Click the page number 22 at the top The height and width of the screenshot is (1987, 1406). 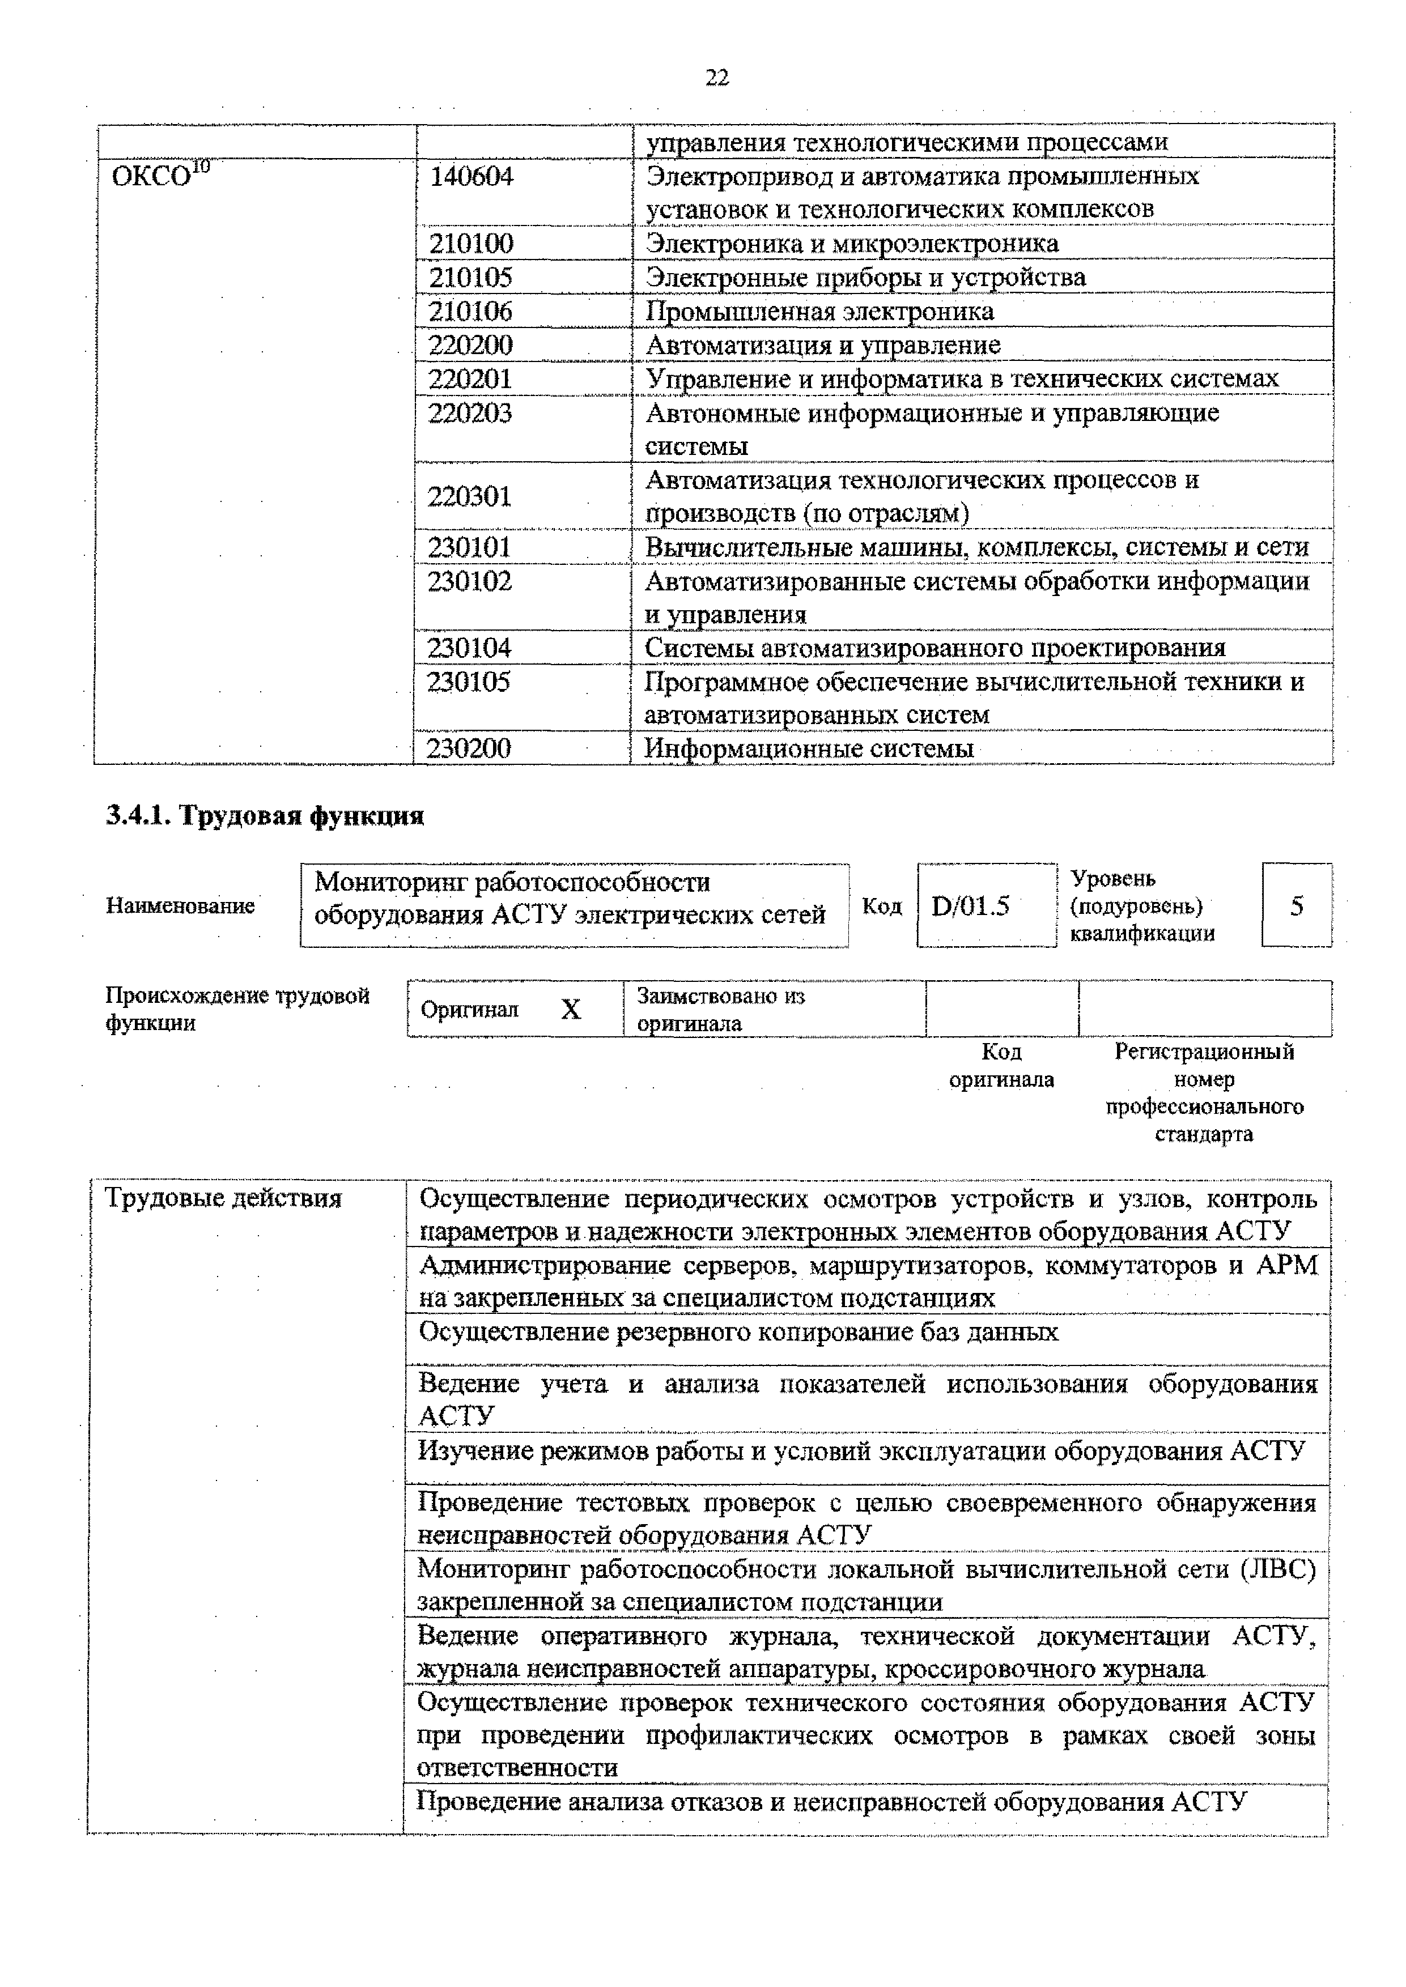[717, 78]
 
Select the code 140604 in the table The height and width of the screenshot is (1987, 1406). [472, 177]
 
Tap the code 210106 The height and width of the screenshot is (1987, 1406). [471, 310]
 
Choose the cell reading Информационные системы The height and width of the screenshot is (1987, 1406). [809, 748]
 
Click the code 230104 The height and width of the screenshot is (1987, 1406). [469, 648]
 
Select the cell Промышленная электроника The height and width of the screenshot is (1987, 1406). [819, 310]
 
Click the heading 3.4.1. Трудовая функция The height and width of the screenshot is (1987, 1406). [265, 816]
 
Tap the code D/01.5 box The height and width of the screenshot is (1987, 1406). [971, 905]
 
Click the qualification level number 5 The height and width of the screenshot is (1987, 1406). [1296, 905]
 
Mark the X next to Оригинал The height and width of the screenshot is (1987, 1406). [571, 1009]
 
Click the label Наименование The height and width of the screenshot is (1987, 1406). [180, 905]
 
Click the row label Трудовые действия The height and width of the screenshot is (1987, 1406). [223, 1199]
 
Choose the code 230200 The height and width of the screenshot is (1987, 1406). [469, 748]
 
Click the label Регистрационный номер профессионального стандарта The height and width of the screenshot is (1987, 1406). [1204, 1092]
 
